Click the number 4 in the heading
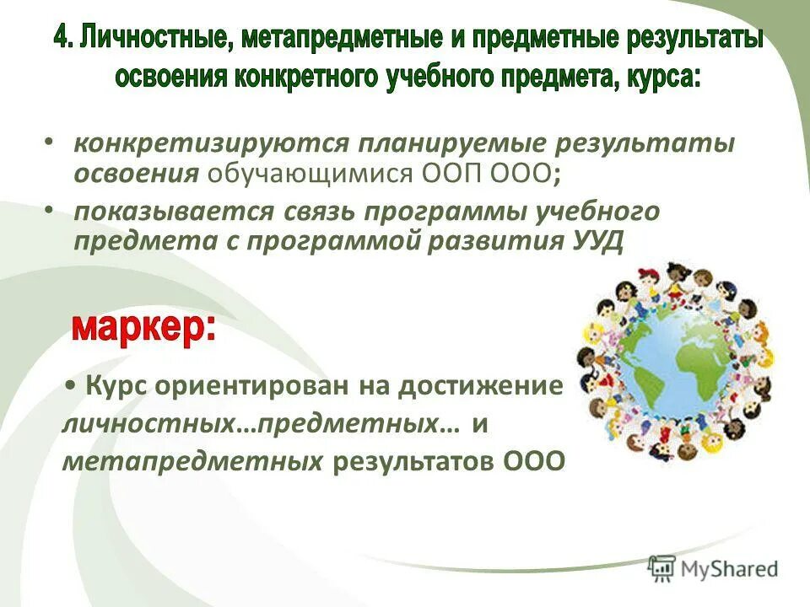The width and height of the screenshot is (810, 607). (63, 40)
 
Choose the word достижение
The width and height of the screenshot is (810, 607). (478, 387)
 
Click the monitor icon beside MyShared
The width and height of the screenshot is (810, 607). (662, 567)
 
